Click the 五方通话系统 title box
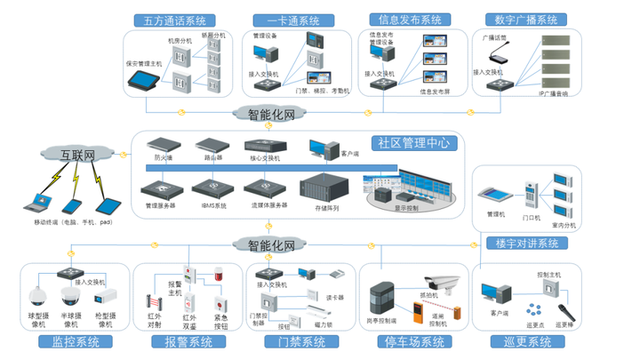tap(174, 20)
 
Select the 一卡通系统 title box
tap(287, 20)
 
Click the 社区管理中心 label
tap(413, 142)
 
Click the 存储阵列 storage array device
tap(326, 189)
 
